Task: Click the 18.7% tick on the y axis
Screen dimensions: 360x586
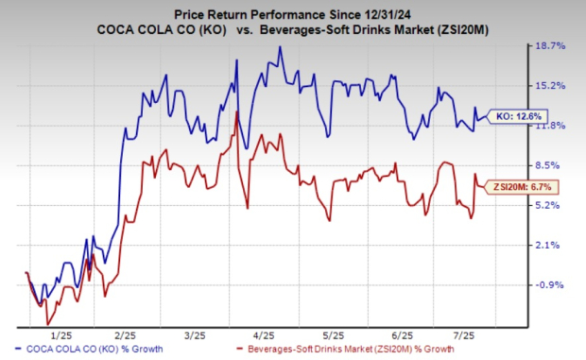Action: coord(551,45)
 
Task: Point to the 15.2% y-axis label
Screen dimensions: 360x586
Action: coord(551,85)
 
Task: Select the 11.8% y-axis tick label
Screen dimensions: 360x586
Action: coord(551,126)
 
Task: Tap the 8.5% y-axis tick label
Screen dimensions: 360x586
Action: coord(551,165)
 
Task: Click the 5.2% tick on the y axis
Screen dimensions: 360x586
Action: coord(551,205)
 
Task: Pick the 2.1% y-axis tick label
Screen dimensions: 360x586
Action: coord(551,245)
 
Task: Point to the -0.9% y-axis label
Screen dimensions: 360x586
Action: coord(551,284)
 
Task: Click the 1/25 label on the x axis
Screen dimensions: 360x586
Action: coord(61,334)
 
